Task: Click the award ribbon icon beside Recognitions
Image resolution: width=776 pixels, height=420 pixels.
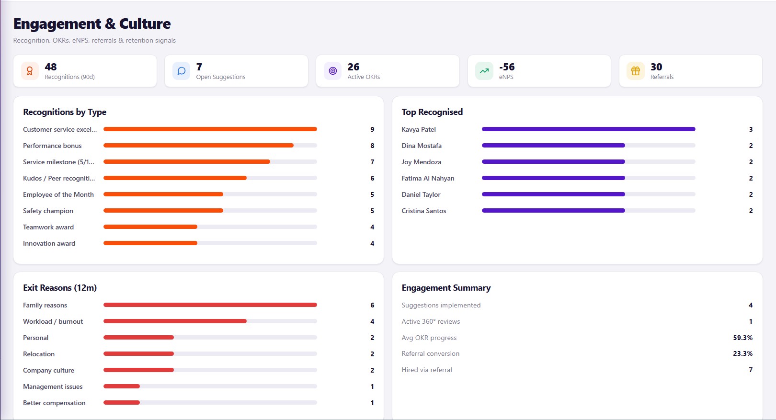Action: pos(30,71)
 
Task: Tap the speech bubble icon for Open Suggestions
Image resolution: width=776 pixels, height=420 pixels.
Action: pos(181,71)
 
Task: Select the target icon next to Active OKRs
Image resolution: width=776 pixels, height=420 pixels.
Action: pos(332,71)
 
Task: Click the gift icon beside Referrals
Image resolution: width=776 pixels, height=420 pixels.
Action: pos(635,71)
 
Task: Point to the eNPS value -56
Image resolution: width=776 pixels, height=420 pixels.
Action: pos(507,67)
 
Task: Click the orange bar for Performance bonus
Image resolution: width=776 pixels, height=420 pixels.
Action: pos(198,146)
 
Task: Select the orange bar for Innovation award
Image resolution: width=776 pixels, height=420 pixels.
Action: pos(150,243)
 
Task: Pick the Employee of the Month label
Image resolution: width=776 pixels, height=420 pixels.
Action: pos(58,194)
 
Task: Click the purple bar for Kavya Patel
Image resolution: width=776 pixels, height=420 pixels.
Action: pos(589,129)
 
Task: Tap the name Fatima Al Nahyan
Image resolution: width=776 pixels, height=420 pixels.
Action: pos(428,178)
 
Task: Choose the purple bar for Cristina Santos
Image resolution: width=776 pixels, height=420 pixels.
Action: pos(553,211)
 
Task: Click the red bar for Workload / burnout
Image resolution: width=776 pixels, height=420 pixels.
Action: pos(175,321)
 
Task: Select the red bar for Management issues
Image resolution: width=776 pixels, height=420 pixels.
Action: pos(122,386)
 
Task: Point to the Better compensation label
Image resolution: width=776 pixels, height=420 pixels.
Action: pos(54,403)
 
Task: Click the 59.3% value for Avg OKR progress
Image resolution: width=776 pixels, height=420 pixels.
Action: pos(743,338)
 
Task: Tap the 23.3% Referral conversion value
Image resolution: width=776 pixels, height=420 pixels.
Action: pos(743,353)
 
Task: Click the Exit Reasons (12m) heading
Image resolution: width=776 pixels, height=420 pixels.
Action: pos(60,288)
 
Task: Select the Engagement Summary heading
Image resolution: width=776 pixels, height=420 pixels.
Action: pos(446,288)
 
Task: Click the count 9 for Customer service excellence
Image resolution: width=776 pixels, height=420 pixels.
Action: pos(372,129)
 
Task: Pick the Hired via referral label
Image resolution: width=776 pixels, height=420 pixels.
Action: pos(427,370)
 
